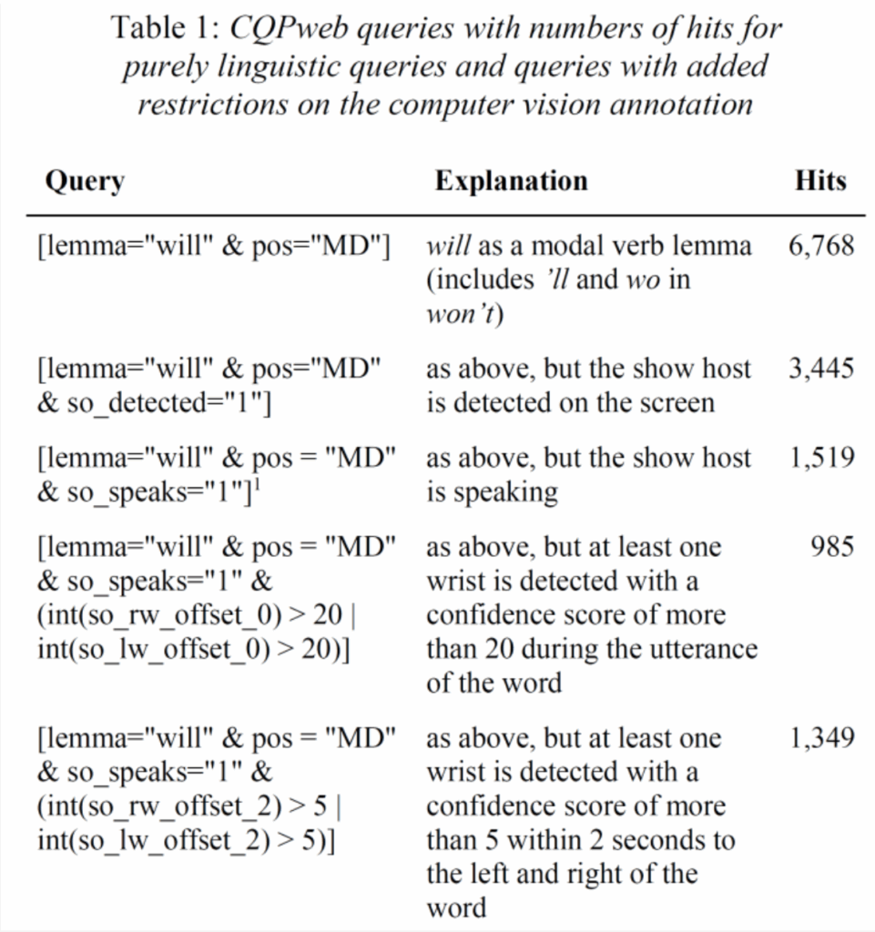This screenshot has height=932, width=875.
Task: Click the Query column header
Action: click(85, 181)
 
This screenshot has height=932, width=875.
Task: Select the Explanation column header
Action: click(511, 181)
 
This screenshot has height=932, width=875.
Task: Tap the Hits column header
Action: click(820, 181)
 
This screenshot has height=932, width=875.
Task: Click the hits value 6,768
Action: click(821, 246)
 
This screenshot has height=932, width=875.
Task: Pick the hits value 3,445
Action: click(821, 369)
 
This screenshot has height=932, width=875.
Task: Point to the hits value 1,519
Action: click(821, 458)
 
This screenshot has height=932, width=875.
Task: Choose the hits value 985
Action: click(832, 547)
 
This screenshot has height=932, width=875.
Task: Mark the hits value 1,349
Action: click(821, 738)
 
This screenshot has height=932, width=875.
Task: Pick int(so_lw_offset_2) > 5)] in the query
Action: click(187, 840)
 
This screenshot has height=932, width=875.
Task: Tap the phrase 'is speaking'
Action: click(492, 492)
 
